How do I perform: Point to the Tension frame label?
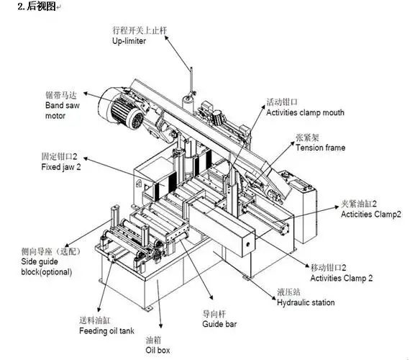coord(320,148)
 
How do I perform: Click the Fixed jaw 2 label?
coord(63,167)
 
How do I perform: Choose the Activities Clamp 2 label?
coord(341,277)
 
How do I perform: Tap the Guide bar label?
coord(219,324)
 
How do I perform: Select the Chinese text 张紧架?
coord(309,137)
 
